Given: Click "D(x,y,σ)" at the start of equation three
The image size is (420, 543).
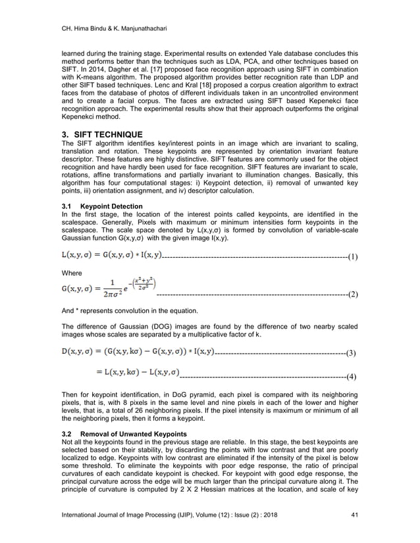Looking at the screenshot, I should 80,352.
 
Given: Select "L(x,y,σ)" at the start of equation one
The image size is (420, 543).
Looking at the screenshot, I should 79,254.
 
